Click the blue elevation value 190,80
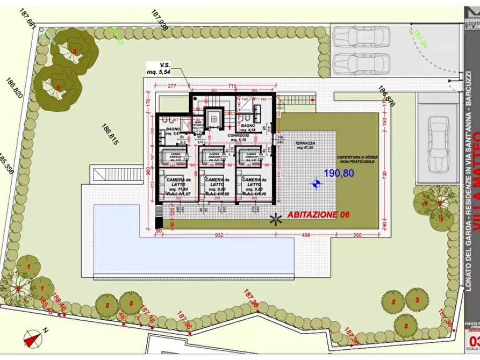coord(339,173)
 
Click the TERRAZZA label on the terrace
coord(305,145)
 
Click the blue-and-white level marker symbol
coord(316,184)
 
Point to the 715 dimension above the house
coord(232,86)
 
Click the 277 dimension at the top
coord(172,86)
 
